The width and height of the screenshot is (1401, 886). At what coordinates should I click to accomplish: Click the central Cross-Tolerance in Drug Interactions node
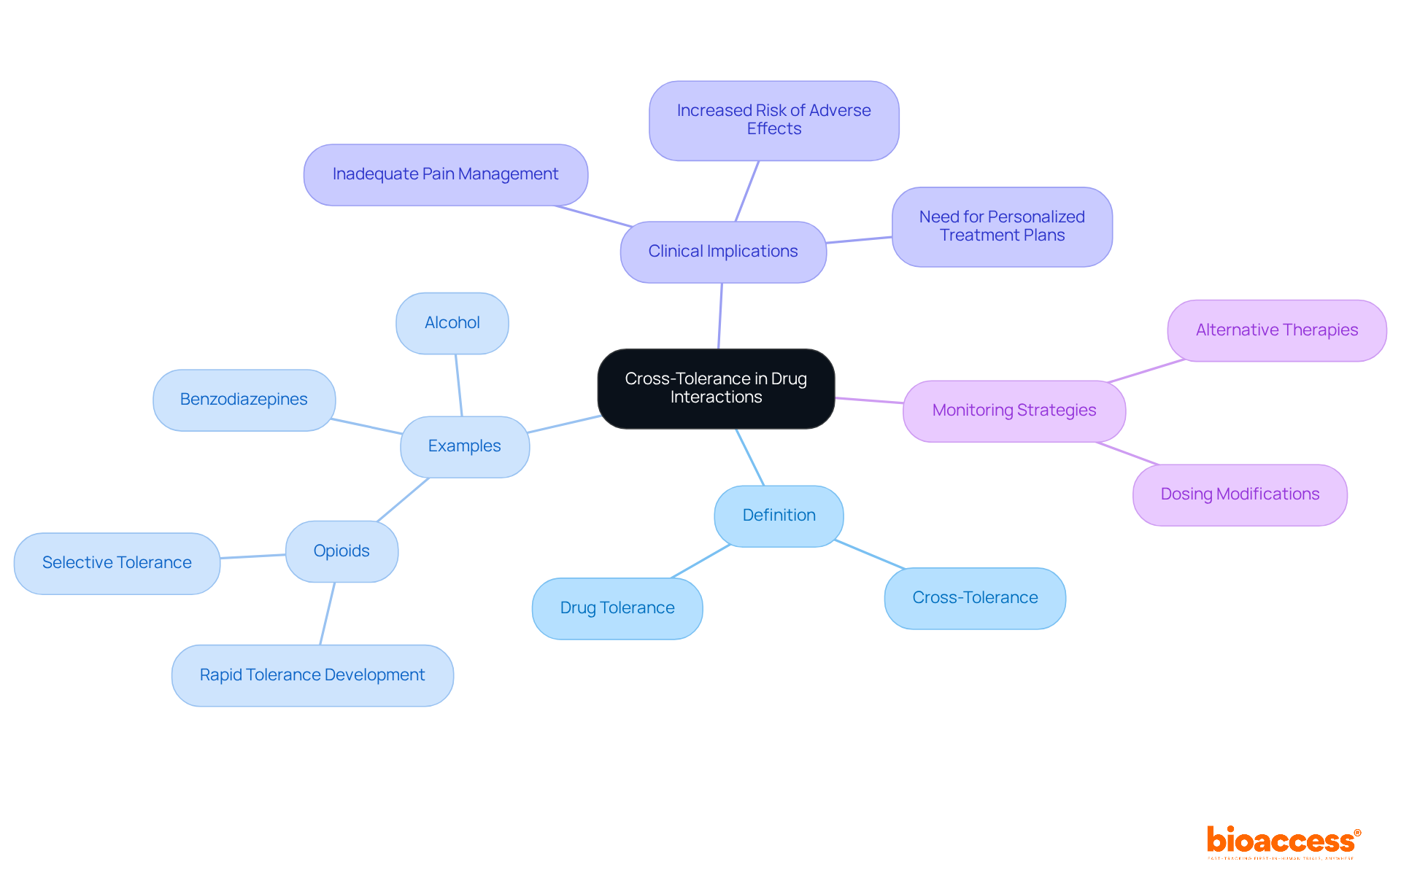click(x=715, y=388)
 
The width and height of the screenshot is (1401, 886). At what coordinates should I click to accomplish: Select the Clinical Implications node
click(x=722, y=252)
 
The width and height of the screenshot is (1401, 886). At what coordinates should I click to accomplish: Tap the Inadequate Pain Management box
click(x=445, y=174)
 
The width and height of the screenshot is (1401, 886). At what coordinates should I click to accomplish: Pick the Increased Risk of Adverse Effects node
click(x=773, y=120)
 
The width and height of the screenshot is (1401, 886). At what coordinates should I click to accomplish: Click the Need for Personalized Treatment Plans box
click(x=1001, y=226)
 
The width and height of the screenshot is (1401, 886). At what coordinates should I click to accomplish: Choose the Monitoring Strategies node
click(x=1014, y=411)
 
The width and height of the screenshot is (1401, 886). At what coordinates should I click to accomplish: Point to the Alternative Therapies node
click(x=1276, y=330)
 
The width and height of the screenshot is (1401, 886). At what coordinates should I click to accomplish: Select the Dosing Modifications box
click(x=1239, y=494)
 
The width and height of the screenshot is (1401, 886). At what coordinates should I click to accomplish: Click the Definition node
click(x=779, y=516)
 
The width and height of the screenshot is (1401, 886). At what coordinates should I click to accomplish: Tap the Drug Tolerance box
click(x=617, y=608)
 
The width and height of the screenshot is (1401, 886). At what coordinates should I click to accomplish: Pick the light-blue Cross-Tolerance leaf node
click(x=974, y=598)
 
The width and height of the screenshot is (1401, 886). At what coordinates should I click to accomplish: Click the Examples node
click(x=464, y=446)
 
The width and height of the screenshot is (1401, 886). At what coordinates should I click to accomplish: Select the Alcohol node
click(x=452, y=323)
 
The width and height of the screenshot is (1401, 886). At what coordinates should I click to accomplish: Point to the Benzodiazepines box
click(x=244, y=400)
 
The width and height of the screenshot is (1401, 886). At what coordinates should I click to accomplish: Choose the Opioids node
click(x=341, y=551)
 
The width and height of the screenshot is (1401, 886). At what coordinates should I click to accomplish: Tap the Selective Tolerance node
click(x=117, y=563)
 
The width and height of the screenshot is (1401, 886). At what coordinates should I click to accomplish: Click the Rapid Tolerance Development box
click(x=312, y=675)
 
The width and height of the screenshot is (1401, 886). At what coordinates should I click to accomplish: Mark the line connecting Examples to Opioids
click(x=403, y=500)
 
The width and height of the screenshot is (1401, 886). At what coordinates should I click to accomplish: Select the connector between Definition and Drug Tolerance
click(x=700, y=561)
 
